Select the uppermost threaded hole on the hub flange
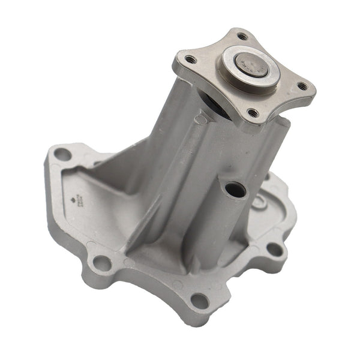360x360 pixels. [x=242, y=36]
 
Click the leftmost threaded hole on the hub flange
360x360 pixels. [x=190, y=59]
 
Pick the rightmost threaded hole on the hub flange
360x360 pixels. [x=303, y=86]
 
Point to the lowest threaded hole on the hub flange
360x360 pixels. [x=253, y=112]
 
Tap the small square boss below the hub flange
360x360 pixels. [x=200, y=119]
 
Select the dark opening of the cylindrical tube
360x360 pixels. [x=236, y=190]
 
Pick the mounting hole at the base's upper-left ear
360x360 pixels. [x=62, y=154]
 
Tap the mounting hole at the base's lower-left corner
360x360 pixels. [x=103, y=263]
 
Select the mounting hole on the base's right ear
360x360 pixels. [x=274, y=248]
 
